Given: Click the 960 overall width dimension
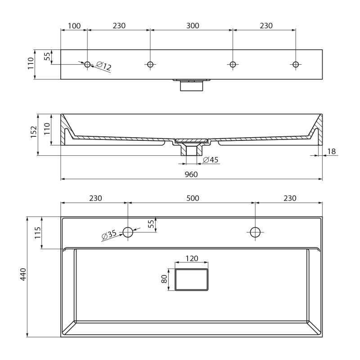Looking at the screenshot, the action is click(x=191, y=175).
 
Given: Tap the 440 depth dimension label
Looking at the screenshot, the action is click(x=23, y=274).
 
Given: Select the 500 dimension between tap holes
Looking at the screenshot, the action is click(x=193, y=198).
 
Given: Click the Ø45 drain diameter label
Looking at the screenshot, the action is click(x=211, y=160).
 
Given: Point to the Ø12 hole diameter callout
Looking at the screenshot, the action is click(x=104, y=66).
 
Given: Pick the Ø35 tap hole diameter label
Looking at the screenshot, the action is click(x=109, y=235).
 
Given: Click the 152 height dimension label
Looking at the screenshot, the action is click(x=34, y=132).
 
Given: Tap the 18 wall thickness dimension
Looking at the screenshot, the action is click(x=332, y=151).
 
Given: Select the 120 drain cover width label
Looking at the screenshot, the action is click(x=192, y=258).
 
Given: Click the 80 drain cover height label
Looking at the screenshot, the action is click(x=164, y=279).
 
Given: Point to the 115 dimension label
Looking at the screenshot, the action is click(x=38, y=233).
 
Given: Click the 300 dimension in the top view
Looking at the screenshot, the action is click(x=193, y=26).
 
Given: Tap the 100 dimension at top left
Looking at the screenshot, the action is click(x=74, y=26).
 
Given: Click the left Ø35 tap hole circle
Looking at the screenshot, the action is click(x=128, y=232).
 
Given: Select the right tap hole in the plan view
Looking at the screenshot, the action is click(x=255, y=232).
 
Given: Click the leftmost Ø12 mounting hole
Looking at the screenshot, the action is click(x=87, y=64).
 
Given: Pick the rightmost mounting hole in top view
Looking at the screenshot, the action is click(x=296, y=64).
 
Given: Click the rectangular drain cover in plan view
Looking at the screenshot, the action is click(x=192, y=279).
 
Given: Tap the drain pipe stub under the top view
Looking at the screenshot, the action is click(x=192, y=85).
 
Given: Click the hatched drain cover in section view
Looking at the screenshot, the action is click(x=192, y=140).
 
